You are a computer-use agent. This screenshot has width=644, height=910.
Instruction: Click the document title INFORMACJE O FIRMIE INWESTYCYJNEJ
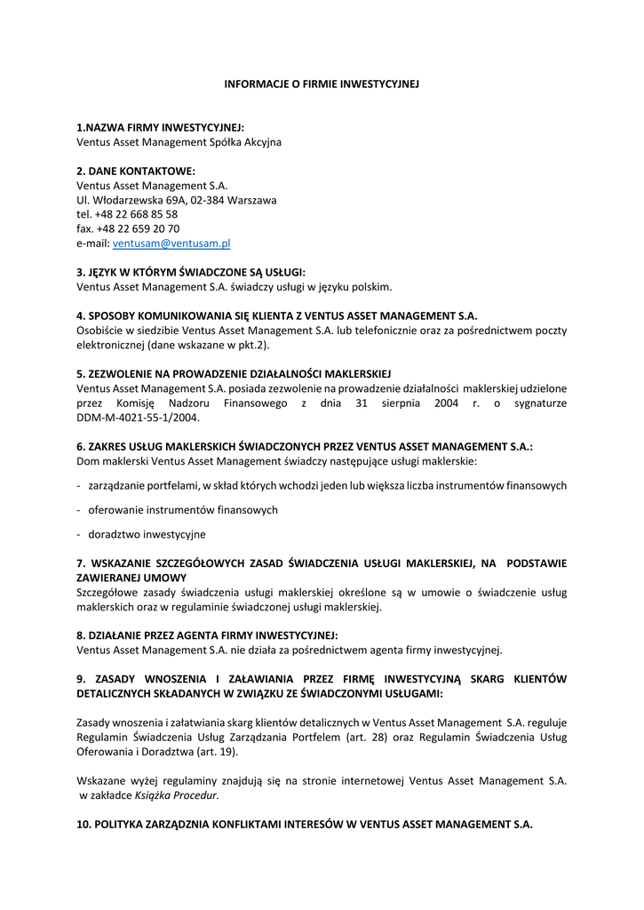321,84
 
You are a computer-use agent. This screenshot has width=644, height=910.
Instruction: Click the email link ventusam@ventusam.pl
171,243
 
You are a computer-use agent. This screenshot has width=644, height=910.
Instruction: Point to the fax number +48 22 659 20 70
137,228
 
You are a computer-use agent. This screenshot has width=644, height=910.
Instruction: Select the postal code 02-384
208,200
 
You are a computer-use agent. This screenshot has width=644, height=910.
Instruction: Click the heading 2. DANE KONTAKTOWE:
135,171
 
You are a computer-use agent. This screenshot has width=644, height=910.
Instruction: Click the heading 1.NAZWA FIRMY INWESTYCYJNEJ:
160,127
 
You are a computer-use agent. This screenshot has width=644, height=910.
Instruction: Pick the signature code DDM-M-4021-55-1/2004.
138,417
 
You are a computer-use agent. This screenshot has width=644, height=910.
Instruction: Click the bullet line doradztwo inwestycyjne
147,534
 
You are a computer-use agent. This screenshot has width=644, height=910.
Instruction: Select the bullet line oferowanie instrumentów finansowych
182,510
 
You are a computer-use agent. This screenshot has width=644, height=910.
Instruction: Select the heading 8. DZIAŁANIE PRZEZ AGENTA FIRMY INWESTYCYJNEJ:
207,635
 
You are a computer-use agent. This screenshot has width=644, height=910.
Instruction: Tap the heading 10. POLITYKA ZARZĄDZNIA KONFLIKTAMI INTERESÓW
304,824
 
